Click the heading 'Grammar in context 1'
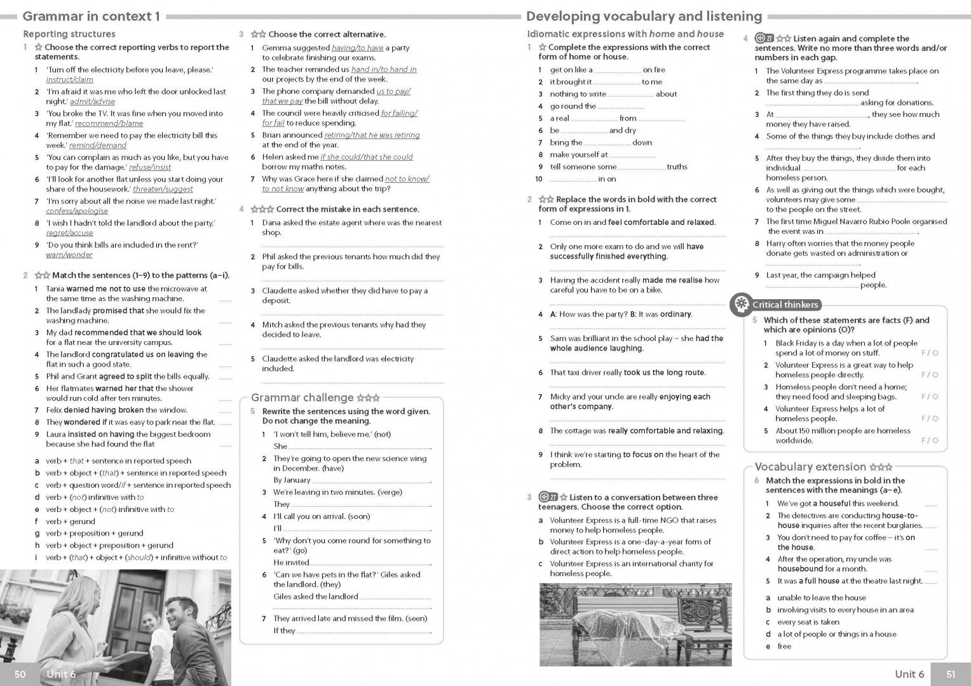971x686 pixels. pos(91,16)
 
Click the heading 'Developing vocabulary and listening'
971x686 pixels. pos(644,16)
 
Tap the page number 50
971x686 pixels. pos(20,674)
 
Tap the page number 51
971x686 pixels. pos(950,674)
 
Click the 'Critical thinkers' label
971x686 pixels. pos(785,305)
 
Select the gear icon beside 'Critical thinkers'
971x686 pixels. pos(740,305)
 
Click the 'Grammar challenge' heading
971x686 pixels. pos(302,398)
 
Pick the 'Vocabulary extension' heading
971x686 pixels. pos(810,467)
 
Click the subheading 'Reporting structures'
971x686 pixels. pos(69,34)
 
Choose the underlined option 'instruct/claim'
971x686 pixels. pos(69,79)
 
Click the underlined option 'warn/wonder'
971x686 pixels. pos(69,255)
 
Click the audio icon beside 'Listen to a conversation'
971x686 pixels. pos(548,497)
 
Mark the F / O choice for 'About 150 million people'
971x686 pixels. pos(929,440)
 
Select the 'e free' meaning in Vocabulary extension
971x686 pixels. pos(778,646)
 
